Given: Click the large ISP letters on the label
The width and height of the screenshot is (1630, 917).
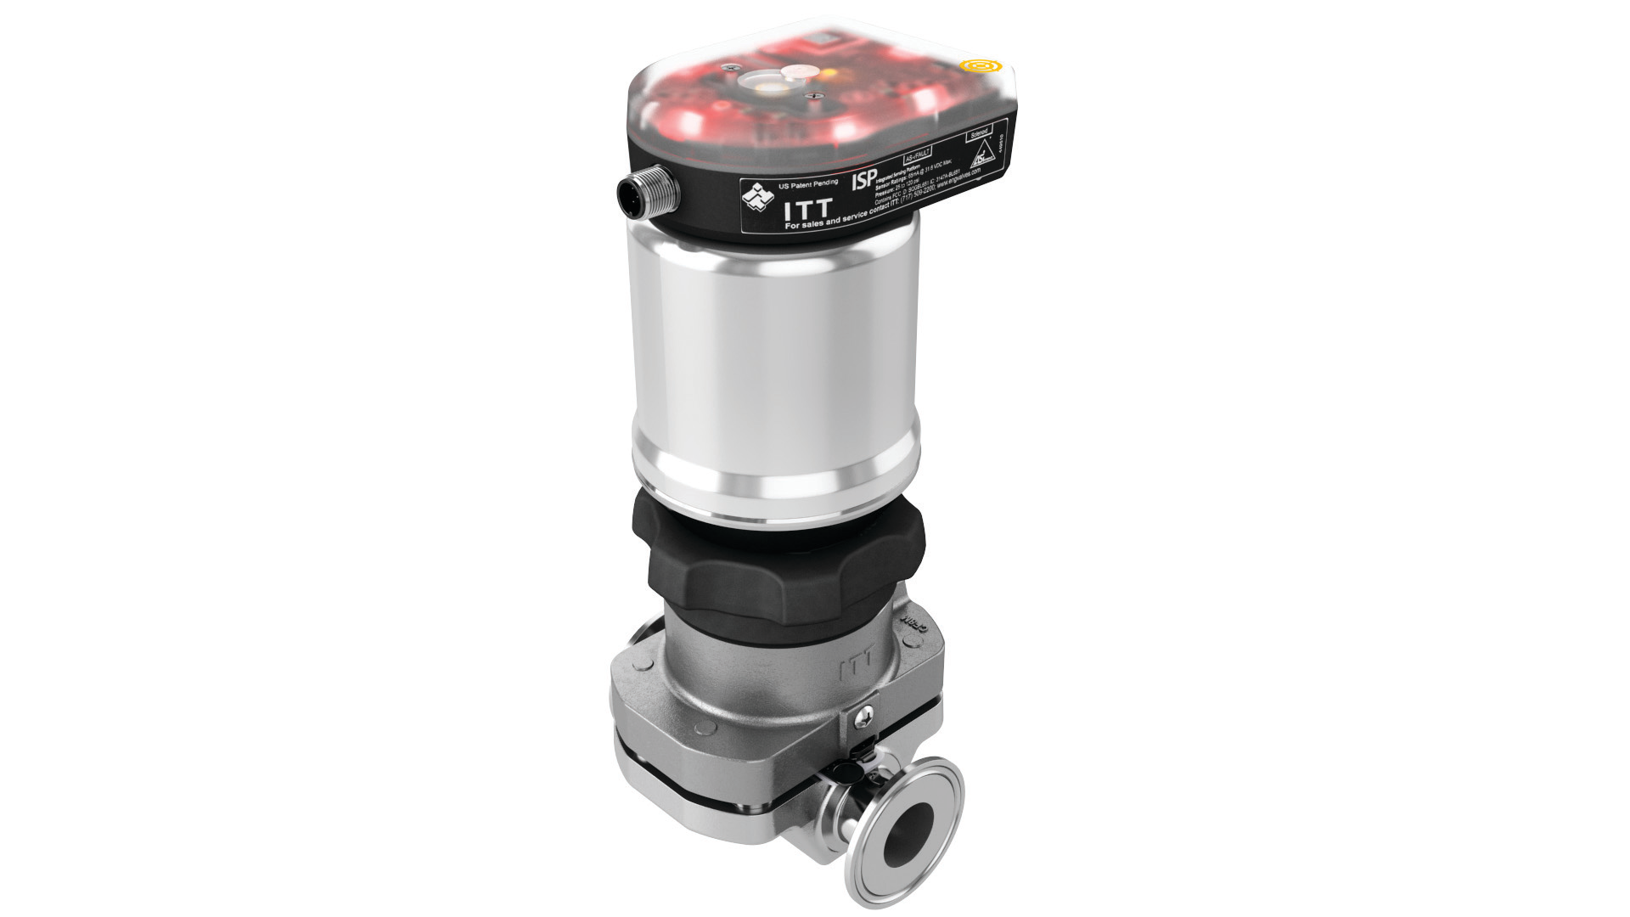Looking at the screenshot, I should pos(863,181).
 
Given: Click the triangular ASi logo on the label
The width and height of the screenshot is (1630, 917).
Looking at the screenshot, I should pos(982,156).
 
